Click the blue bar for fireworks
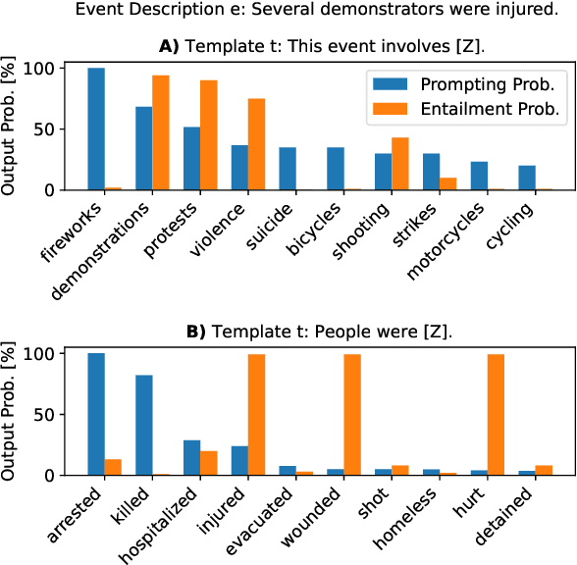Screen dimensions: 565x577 click(x=96, y=128)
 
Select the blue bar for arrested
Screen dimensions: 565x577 click(x=96, y=413)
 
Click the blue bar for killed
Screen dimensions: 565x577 click(x=144, y=425)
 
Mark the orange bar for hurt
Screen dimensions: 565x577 click(x=497, y=414)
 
